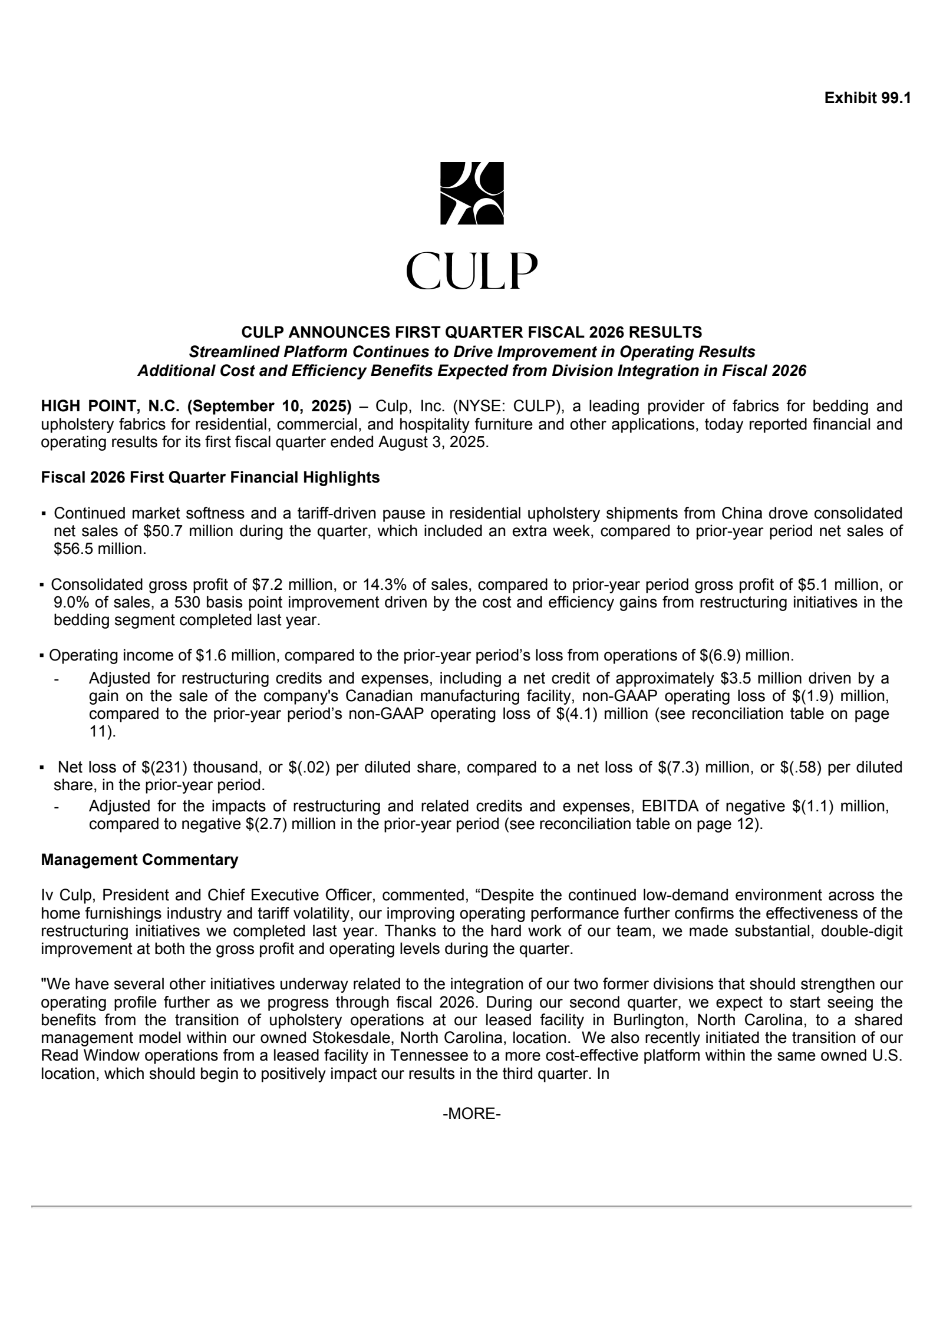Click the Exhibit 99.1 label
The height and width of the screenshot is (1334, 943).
[x=868, y=98]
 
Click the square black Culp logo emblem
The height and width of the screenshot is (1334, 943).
[x=472, y=193]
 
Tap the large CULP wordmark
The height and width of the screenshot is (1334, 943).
[x=471, y=272]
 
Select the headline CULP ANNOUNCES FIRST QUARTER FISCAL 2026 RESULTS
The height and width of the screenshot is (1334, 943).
[x=471, y=332]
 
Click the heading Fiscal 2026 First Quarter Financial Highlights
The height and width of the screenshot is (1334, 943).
[x=210, y=478]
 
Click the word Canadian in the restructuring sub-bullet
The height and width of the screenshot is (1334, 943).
[x=385, y=696]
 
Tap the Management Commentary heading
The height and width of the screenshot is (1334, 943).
[x=140, y=860]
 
